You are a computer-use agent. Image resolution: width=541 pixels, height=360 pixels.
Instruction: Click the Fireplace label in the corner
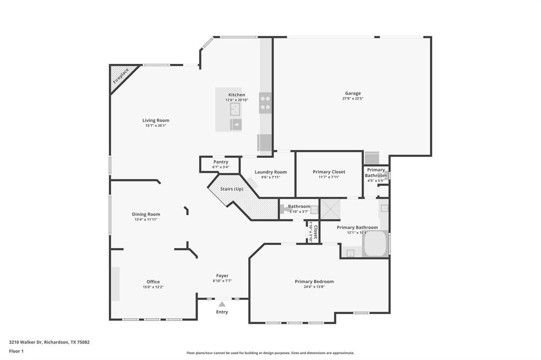(121, 76)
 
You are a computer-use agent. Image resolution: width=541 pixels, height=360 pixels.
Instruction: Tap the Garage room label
(353, 93)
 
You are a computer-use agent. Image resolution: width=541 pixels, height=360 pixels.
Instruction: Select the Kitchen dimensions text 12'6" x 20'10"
(236, 100)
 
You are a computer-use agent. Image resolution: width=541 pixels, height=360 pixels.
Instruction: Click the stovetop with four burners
(265, 103)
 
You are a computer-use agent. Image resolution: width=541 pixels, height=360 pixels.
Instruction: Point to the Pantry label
(220, 162)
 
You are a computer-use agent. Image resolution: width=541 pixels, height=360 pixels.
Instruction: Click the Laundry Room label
(270, 172)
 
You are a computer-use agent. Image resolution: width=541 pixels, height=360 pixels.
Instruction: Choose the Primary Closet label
(329, 172)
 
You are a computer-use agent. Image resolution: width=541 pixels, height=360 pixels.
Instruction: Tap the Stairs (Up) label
(232, 189)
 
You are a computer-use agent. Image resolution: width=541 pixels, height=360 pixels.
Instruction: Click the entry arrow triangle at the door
(222, 304)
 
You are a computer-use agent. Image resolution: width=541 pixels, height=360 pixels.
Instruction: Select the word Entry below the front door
(222, 312)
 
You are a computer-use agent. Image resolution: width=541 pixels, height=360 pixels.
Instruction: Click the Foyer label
(222, 276)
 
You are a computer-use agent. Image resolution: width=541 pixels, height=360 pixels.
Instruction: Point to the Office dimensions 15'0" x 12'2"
(153, 287)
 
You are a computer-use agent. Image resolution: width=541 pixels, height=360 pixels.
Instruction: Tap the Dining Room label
(146, 214)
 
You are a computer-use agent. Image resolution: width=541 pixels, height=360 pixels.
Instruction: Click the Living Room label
(155, 120)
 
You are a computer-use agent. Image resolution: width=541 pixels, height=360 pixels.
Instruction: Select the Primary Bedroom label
(314, 281)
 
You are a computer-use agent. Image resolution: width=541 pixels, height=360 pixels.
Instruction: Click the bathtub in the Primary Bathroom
(375, 244)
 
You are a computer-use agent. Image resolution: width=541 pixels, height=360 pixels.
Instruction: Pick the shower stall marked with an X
(331, 209)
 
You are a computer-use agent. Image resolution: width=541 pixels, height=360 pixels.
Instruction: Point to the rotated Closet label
(315, 231)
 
